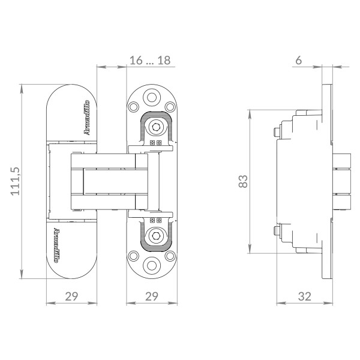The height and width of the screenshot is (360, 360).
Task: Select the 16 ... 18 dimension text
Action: click(149, 60)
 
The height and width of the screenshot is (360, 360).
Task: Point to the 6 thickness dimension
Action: click(298, 60)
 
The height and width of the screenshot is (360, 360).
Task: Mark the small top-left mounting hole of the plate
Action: click(133, 107)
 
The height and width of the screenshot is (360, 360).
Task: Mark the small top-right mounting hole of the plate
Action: click(170, 107)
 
